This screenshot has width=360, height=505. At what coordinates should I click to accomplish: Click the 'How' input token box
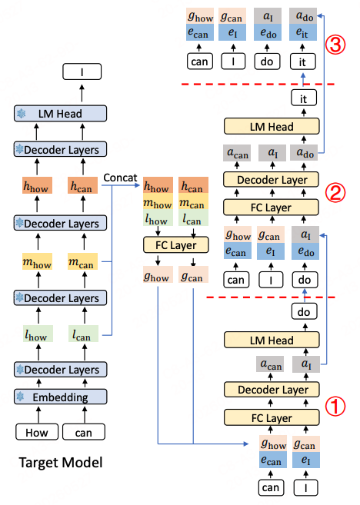(x=37, y=432)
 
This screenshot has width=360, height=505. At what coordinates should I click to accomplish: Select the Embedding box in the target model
(x=60, y=397)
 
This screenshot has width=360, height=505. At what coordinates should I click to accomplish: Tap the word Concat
(x=120, y=178)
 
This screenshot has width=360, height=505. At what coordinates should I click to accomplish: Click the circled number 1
(x=335, y=406)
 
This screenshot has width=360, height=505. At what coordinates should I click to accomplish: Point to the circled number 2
(x=335, y=193)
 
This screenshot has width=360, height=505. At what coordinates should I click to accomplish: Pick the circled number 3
(x=335, y=44)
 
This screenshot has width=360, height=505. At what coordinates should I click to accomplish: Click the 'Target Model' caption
(x=61, y=463)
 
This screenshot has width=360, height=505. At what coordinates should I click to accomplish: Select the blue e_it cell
(x=303, y=32)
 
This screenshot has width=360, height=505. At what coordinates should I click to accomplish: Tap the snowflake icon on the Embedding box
(x=20, y=396)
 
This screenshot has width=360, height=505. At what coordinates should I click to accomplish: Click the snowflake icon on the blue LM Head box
(x=22, y=113)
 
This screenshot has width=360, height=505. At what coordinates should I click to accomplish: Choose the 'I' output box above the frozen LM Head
(x=82, y=71)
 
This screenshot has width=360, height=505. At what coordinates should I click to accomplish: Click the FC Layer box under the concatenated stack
(x=176, y=245)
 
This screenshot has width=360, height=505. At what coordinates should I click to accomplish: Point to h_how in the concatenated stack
(x=158, y=185)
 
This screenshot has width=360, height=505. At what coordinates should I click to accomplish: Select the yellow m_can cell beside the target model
(x=82, y=261)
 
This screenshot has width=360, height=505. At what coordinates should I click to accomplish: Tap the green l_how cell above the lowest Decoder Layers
(x=38, y=334)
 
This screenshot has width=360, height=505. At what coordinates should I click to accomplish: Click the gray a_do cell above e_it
(x=303, y=16)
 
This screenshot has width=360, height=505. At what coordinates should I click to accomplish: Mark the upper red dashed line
(x=258, y=84)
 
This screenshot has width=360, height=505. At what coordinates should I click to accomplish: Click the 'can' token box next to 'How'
(x=84, y=432)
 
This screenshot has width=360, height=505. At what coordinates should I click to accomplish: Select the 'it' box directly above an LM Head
(x=304, y=98)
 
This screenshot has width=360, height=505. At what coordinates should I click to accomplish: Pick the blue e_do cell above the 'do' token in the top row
(x=268, y=32)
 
